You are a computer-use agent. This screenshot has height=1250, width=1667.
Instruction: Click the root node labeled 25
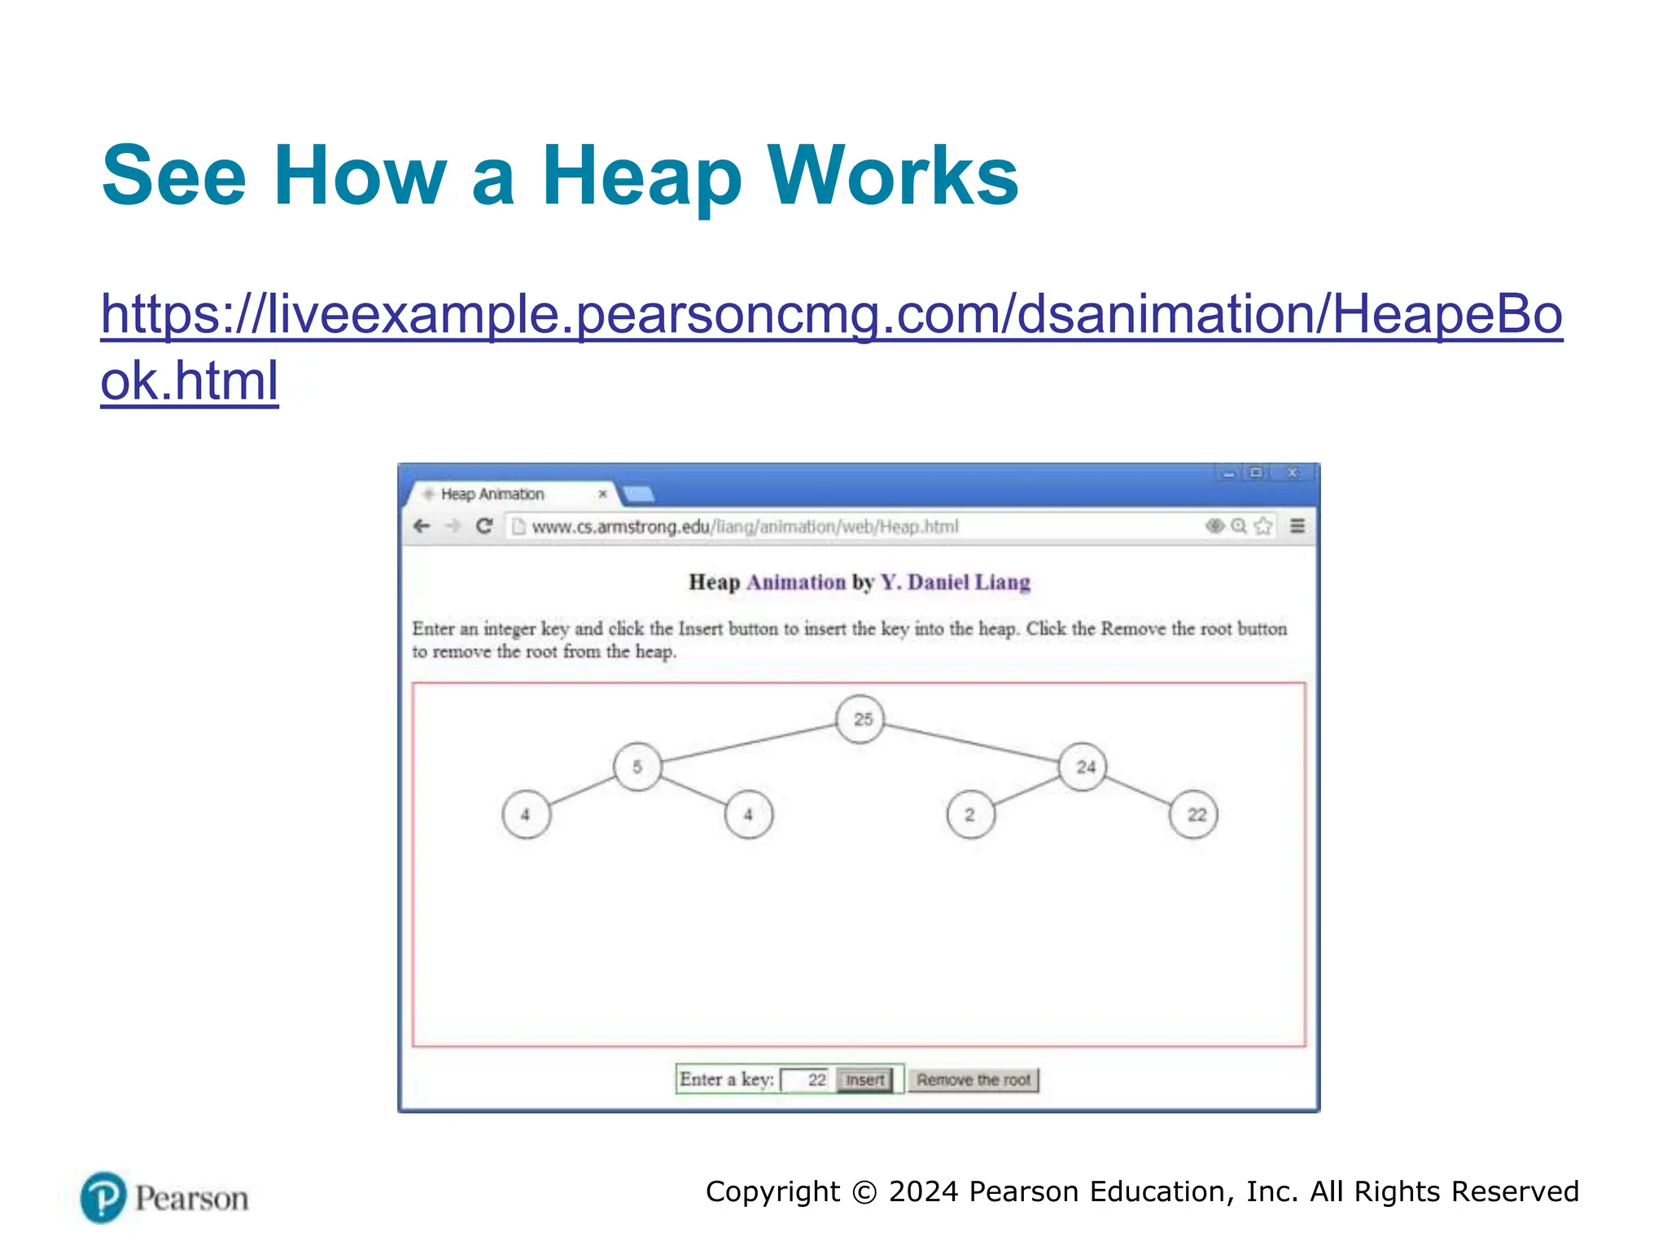tap(860, 719)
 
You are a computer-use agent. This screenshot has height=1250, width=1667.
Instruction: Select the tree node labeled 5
tap(637, 767)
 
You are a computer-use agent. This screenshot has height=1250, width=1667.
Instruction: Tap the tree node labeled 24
tap(1083, 767)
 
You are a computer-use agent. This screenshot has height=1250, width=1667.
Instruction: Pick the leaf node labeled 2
tap(970, 815)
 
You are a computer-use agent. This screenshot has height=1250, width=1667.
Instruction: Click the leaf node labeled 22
tap(1193, 815)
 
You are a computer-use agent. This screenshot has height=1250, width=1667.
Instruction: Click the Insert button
tap(864, 1080)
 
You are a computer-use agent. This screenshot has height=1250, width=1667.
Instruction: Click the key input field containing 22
tap(806, 1080)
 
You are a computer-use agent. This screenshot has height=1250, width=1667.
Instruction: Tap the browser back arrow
tap(422, 527)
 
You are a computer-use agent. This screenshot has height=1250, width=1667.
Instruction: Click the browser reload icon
tap(484, 527)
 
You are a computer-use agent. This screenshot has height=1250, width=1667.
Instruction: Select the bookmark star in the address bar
tap(1262, 527)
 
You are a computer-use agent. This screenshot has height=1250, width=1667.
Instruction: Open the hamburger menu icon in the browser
tap(1297, 527)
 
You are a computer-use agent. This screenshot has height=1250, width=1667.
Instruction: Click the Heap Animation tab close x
tap(602, 494)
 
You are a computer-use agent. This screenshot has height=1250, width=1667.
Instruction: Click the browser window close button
tap(1293, 472)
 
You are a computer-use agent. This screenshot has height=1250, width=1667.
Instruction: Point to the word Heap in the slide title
tap(641, 176)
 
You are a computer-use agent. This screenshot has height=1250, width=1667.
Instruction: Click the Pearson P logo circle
tap(103, 1197)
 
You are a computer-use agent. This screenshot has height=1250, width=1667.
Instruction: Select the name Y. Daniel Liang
tap(955, 583)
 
